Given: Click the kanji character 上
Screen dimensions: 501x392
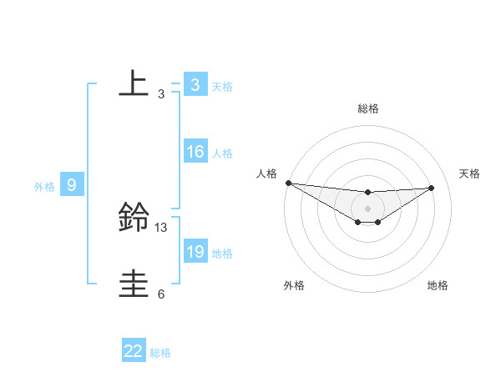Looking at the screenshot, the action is [x=134, y=83].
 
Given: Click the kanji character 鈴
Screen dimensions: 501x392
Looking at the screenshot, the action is [x=134, y=219].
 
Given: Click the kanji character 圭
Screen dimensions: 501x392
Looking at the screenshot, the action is [x=134, y=284].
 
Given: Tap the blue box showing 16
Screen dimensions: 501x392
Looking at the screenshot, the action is [x=195, y=152].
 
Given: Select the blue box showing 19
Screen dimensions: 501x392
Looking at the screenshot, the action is [x=195, y=252].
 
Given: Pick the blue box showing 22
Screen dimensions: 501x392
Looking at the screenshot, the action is [x=134, y=351].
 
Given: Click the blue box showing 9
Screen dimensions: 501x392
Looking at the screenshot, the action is [x=72, y=185].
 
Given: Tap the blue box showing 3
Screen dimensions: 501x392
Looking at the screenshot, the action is [x=195, y=84].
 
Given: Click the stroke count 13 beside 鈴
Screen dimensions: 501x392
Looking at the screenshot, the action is [x=161, y=227].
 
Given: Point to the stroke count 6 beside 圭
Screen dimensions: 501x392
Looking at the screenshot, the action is [x=161, y=294].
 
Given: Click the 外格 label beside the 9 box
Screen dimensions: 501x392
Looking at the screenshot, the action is [x=44, y=187].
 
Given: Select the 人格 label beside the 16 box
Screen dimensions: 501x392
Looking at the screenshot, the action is [x=222, y=153].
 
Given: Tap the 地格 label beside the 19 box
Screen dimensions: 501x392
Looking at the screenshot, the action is [x=222, y=254].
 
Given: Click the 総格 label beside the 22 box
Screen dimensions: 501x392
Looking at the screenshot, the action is [x=160, y=353].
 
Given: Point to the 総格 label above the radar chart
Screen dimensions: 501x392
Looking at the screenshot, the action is [x=367, y=108].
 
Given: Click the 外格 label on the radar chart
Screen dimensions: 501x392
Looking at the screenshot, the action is [x=294, y=285].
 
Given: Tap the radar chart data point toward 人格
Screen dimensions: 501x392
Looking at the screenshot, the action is [x=287, y=183].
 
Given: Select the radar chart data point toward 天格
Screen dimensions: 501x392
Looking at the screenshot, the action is [x=432, y=188].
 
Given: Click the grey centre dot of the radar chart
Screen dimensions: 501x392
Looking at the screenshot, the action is [x=367, y=209].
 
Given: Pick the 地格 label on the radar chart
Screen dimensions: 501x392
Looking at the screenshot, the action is [x=438, y=285].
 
